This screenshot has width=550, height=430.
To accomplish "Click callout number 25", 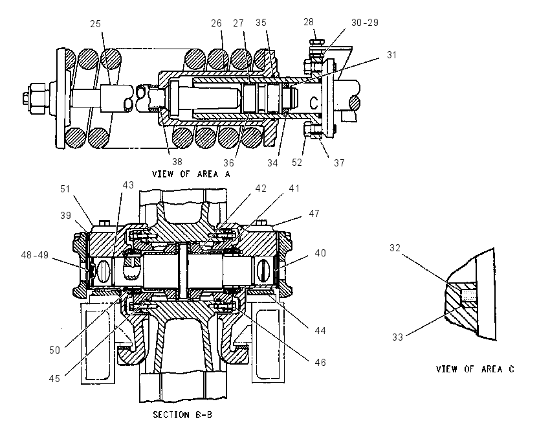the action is (95, 24).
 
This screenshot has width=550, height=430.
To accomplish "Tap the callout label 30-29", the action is (365, 23).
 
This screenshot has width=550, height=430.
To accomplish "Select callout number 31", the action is (392, 55).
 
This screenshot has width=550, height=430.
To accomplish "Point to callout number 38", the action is (177, 161).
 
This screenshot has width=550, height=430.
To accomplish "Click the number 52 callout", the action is (297, 162).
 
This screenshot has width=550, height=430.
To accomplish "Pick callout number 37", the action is (339, 163).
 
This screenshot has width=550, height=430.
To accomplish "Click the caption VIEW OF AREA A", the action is (191, 174).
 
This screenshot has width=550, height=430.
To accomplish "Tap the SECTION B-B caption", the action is (182, 415).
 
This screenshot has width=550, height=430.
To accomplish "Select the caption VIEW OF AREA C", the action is (475, 369).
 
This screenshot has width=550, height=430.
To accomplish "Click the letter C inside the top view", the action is (314, 103).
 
